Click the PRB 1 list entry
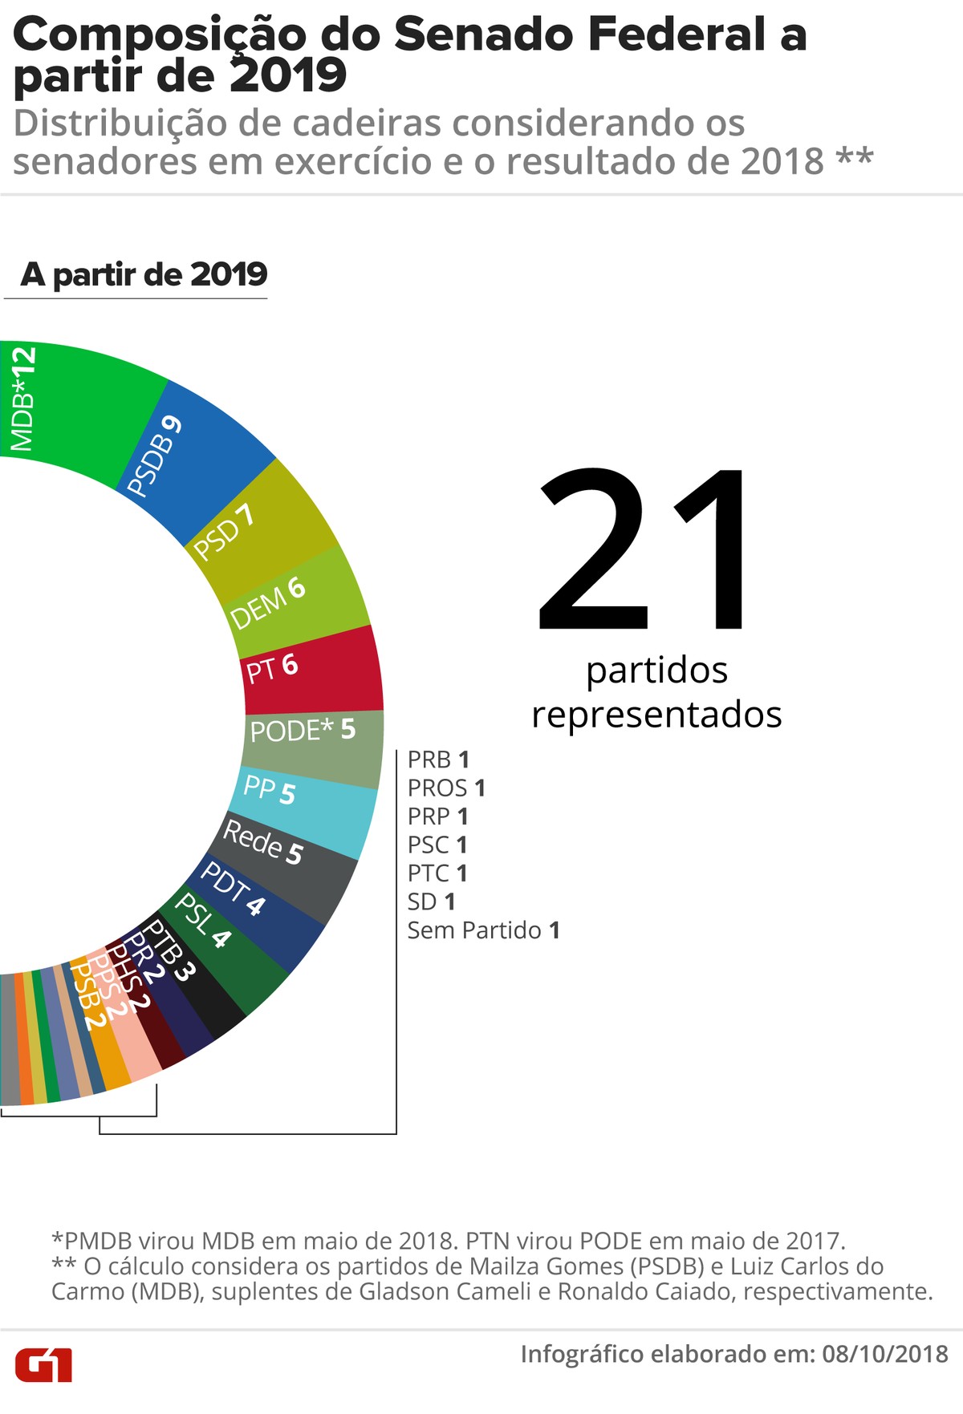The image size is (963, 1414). pos(438,760)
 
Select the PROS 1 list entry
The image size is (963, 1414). pos(446,788)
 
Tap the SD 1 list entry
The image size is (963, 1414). pos(431,902)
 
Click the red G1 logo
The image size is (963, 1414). pos(44,1364)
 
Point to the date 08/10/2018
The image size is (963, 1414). pos(885,1354)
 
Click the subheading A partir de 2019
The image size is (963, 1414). pos(144,274)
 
